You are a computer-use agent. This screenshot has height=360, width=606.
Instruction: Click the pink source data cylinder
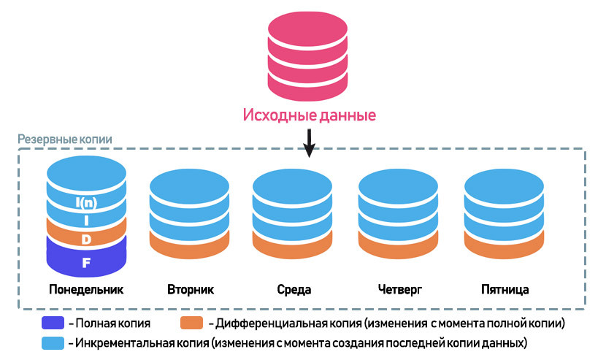(308, 55)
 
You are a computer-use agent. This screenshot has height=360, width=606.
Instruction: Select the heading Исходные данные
(309, 115)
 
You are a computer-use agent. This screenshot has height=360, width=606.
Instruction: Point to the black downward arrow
(309, 143)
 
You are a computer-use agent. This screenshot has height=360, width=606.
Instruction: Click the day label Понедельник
(86, 289)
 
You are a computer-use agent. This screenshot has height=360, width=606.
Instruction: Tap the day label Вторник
(191, 289)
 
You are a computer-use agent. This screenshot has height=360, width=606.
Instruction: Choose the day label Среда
(294, 289)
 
